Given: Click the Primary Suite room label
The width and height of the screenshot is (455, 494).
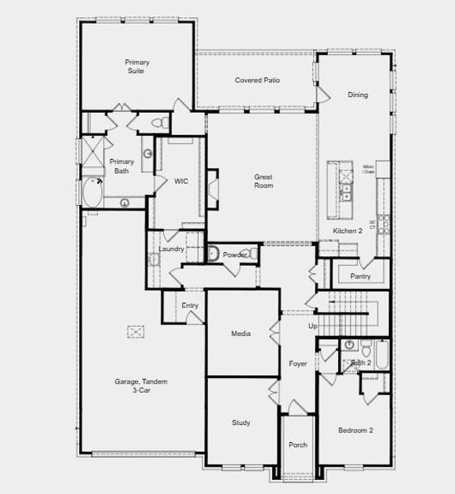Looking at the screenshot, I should point(137,67).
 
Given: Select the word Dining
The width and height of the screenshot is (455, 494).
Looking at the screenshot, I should point(358,95).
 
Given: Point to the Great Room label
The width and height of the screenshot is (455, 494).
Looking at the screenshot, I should point(263,181).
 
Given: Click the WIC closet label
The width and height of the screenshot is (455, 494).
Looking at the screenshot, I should point(181,181).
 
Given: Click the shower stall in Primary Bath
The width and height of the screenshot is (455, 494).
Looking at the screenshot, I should point(88,153).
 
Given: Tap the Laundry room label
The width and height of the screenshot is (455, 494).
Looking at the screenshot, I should point(171,249).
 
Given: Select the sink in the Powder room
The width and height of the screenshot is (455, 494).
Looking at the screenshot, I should point(213,255).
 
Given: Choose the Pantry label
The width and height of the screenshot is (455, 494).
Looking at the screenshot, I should point(359,277).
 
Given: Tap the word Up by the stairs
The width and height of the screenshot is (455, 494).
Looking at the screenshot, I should point(312,327).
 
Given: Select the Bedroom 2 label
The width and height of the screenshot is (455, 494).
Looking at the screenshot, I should point(355,431).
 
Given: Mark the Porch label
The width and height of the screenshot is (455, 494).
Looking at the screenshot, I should point(298,445).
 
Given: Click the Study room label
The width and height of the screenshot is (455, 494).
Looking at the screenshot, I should point(241,422).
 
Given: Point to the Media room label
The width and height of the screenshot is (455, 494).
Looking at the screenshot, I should point(241,333).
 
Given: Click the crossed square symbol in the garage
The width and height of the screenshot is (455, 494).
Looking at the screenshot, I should point(135,331).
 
